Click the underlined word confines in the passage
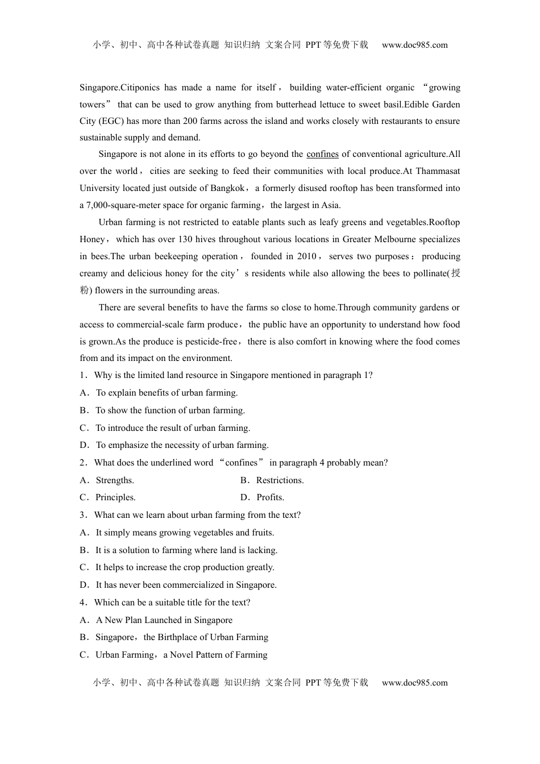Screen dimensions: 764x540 [x=322, y=154]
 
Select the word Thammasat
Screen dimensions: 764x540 [x=438, y=171]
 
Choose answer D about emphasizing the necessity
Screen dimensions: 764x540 [x=181, y=445]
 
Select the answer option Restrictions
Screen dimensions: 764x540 [x=280, y=480]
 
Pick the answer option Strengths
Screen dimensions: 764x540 [x=114, y=480]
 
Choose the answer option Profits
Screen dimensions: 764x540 [x=271, y=497]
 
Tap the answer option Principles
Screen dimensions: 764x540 [x=115, y=497]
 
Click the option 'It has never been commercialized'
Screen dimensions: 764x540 [x=185, y=585]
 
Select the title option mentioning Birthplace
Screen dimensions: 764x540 [x=181, y=637]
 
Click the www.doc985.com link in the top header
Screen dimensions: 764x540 [x=414, y=45]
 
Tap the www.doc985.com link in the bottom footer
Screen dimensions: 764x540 [x=414, y=683]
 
